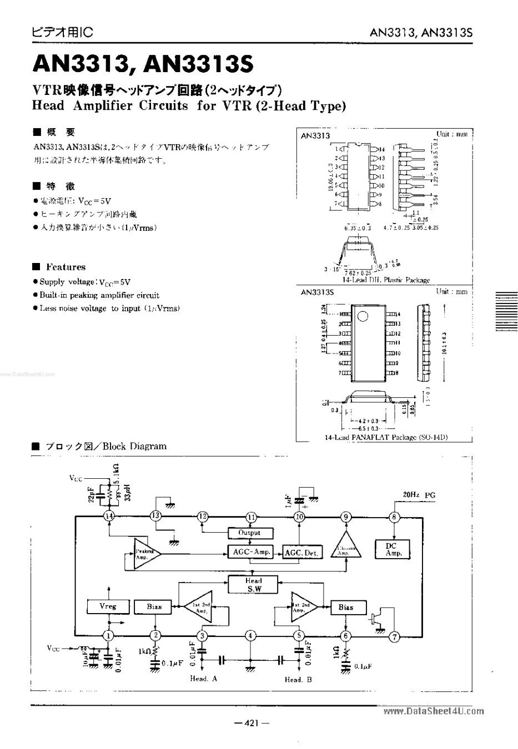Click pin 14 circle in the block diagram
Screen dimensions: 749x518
pos(109,516)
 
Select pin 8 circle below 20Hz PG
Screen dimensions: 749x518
pos(395,517)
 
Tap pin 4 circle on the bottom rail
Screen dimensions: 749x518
pos(251,636)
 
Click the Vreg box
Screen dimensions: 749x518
pos(108,606)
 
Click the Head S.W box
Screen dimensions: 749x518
pos(253,585)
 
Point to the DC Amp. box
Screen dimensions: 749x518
pos(393,549)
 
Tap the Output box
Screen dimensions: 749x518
pos(249,533)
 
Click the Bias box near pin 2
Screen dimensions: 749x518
pos(154,606)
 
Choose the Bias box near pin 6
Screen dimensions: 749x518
pos(346,607)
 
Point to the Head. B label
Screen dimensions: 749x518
pos(298,680)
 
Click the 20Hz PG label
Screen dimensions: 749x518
pos(420,494)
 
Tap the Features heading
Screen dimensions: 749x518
pos(66,267)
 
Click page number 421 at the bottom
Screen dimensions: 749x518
pos(252,723)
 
